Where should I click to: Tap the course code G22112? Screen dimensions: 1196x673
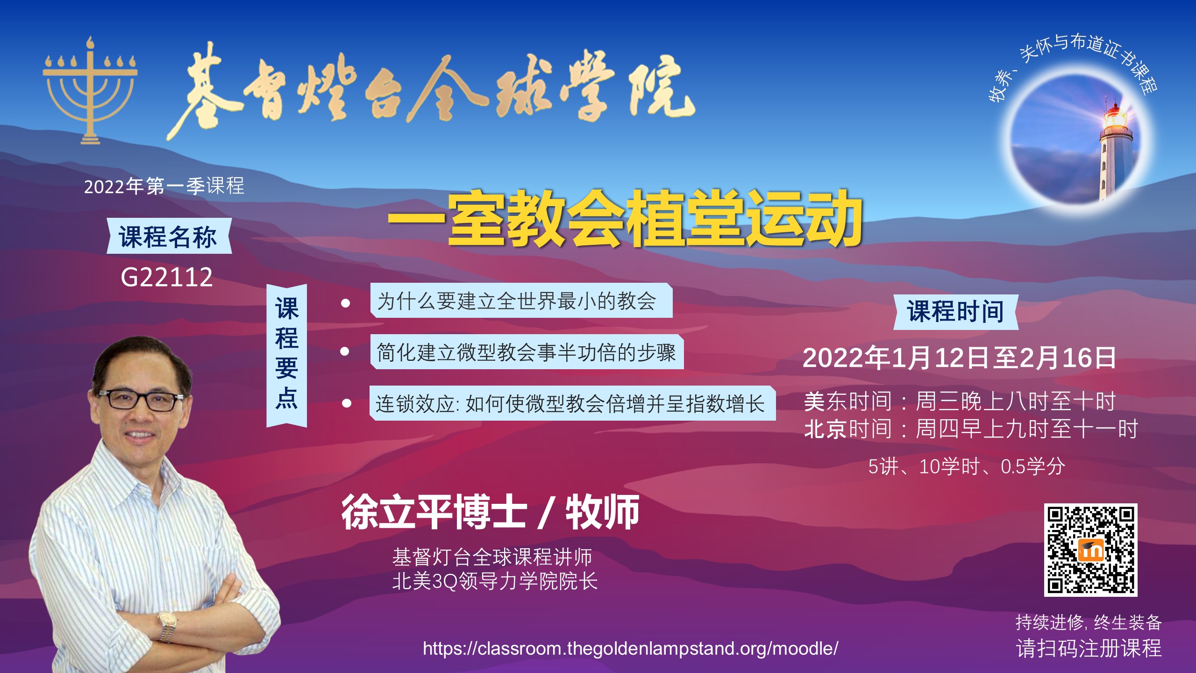coord(167,277)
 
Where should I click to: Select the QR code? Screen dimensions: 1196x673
coord(1090,550)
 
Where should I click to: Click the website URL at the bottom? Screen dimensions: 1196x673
coord(630,648)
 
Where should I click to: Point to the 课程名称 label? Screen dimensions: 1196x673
coord(169,236)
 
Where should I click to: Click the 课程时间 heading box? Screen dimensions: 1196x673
coord(955,312)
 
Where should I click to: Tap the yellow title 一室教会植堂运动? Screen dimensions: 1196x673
coord(625,218)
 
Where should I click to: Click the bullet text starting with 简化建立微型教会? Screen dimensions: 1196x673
coord(527,352)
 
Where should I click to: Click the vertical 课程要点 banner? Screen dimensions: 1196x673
coord(286,355)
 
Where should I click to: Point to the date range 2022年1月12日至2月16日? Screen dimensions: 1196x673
coord(959,358)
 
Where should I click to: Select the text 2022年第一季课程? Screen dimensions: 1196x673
coord(164,186)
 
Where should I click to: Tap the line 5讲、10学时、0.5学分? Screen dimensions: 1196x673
coord(967,466)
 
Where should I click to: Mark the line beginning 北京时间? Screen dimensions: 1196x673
coord(971,429)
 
